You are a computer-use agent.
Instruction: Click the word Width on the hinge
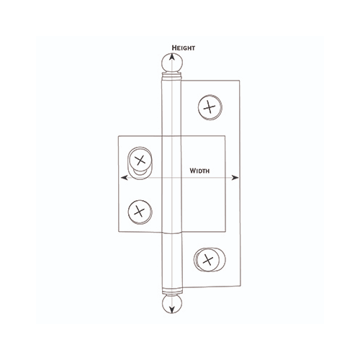(x=200, y=171)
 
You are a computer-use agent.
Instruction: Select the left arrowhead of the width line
(x=125, y=176)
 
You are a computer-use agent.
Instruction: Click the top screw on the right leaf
(x=209, y=107)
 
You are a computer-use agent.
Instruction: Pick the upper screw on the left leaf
(x=140, y=159)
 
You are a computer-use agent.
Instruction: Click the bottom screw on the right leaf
(x=207, y=258)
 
